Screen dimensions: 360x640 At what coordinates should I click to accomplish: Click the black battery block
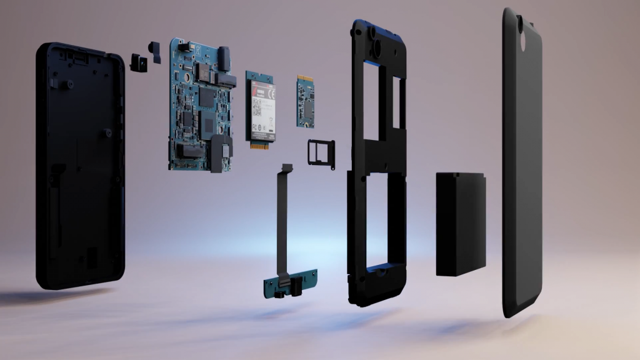[461, 224]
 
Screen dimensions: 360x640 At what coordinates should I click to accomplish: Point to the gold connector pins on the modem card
[261, 144]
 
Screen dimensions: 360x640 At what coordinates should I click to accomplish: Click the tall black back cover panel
[522, 162]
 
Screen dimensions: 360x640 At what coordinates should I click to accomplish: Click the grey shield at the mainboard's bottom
[221, 152]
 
